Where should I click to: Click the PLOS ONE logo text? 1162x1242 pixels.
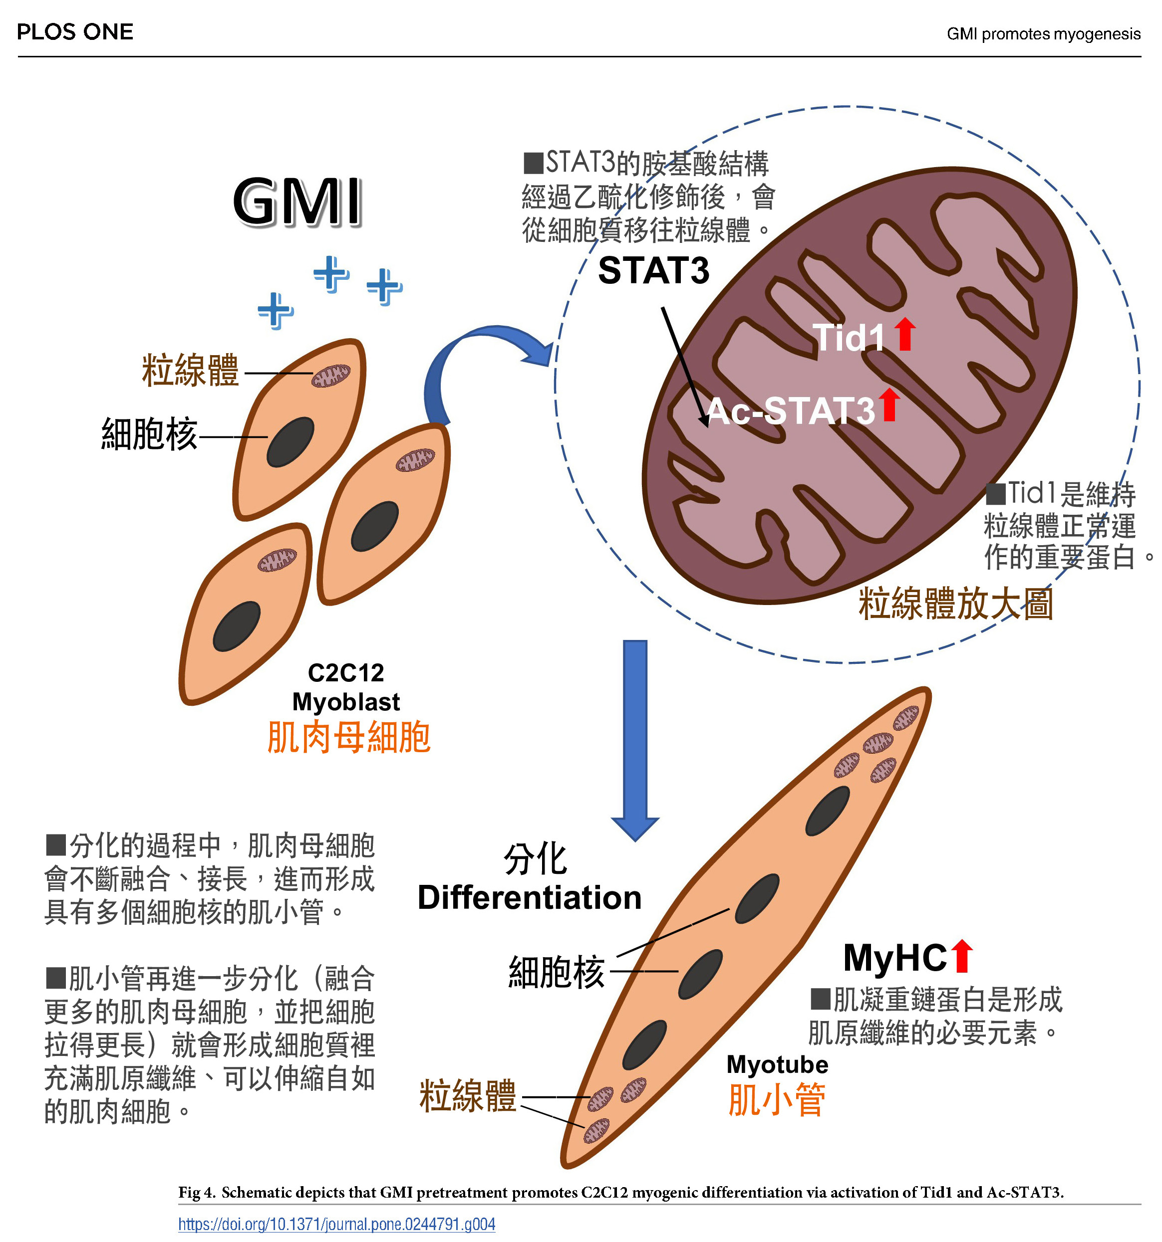click(75, 32)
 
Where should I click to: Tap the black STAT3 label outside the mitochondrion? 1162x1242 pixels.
click(653, 270)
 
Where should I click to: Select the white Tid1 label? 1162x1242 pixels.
click(848, 338)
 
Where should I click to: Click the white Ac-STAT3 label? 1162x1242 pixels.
click(791, 411)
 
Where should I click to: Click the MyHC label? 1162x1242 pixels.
click(894, 958)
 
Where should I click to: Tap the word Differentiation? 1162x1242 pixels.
click(530, 898)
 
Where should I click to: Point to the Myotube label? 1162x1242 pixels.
click(777, 1064)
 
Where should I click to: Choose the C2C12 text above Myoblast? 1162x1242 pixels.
click(346, 673)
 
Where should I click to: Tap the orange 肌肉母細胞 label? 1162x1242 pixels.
click(348, 737)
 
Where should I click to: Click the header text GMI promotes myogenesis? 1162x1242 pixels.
click(1043, 34)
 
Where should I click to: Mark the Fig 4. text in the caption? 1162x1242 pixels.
click(196, 1192)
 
